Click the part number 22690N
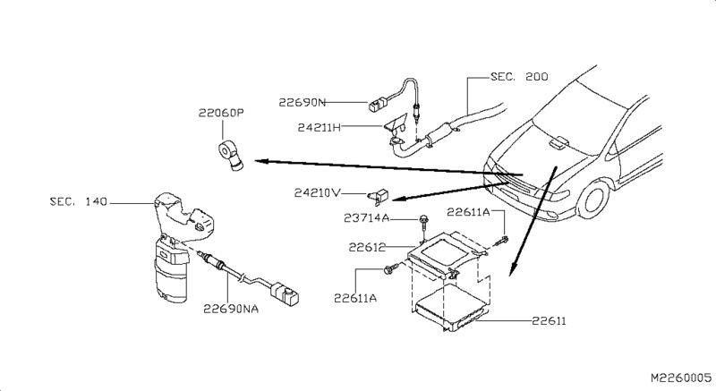(302, 102)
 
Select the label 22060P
(221, 113)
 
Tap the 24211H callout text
(320, 127)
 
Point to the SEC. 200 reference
(519, 77)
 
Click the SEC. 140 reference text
(79, 201)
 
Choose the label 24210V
(318, 193)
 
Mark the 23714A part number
(367, 218)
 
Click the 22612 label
(367, 247)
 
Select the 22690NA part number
(231, 309)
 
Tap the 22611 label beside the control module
(549, 321)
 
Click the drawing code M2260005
(681, 378)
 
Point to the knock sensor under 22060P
(231, 156)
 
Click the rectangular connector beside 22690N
(376, 106)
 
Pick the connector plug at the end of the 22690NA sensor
(286, 293)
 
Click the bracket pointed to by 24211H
(395, 124)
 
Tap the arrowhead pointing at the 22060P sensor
(261, 160)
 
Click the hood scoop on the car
(558, 142)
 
